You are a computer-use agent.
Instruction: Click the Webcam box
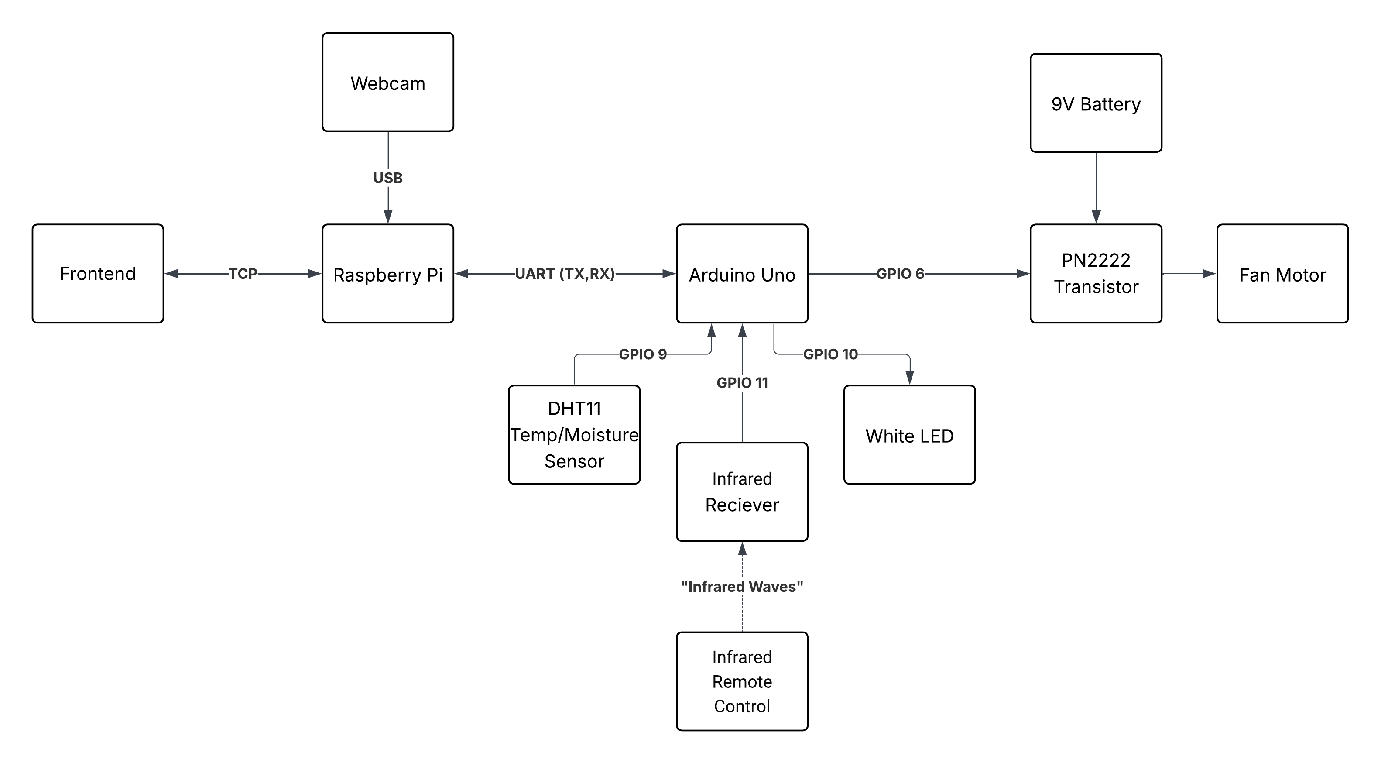(x=387, y=82)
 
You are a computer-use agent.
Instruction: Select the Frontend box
(x=98, y=273)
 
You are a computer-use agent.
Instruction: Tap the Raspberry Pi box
(x=387, y=273)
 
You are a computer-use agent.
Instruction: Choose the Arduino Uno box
(x=742, y=273)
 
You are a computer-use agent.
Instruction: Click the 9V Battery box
(x=1096, y=103)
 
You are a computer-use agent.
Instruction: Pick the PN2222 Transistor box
(x=1096, y=273)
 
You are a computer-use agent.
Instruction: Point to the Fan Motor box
(x=1282, y=273)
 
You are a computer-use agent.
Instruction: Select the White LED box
(x=909, y=435)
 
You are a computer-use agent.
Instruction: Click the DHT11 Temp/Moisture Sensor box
(x=574, y=435)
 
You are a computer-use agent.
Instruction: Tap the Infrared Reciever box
(x=742, y=491)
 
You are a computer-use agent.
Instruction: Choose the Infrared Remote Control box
(x=742, y=681)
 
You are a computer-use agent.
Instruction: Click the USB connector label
(x=387, y=178)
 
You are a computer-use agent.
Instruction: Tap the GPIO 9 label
(x=643, y=354)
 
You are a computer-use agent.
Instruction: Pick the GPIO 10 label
(x=830, y=354)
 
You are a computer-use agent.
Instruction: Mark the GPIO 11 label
(x=742, y=383)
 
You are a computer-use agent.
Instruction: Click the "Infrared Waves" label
(x=742, y=587)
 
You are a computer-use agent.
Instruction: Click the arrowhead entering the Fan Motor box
(x=1210, y=273)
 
